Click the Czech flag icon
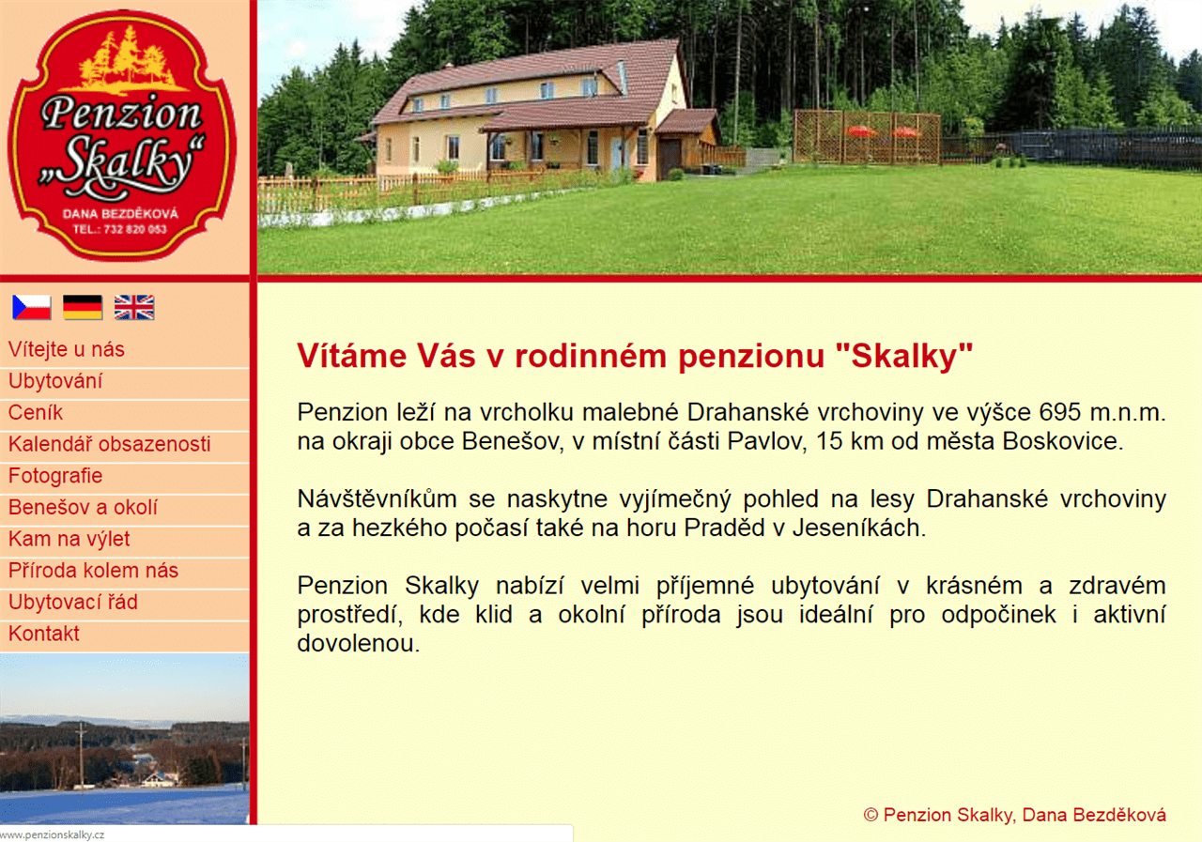point(32,307)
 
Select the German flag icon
point(83,307)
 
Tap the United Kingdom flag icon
point(134,307)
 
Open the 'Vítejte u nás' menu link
point(67,350)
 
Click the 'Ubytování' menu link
point(55,381)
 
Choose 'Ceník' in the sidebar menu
point(36,412)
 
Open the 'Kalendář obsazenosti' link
point(110,444)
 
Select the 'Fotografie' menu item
point(55,476)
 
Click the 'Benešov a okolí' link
point(84,507)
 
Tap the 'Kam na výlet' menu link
point(69,539)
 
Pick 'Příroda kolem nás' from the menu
point(93,571)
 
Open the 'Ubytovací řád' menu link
point(73,603)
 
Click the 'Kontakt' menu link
point(44,634)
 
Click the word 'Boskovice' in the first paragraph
point(1062,441)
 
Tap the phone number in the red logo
point(120,230)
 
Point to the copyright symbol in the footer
point(871,816)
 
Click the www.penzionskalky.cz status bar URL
point(52,835)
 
